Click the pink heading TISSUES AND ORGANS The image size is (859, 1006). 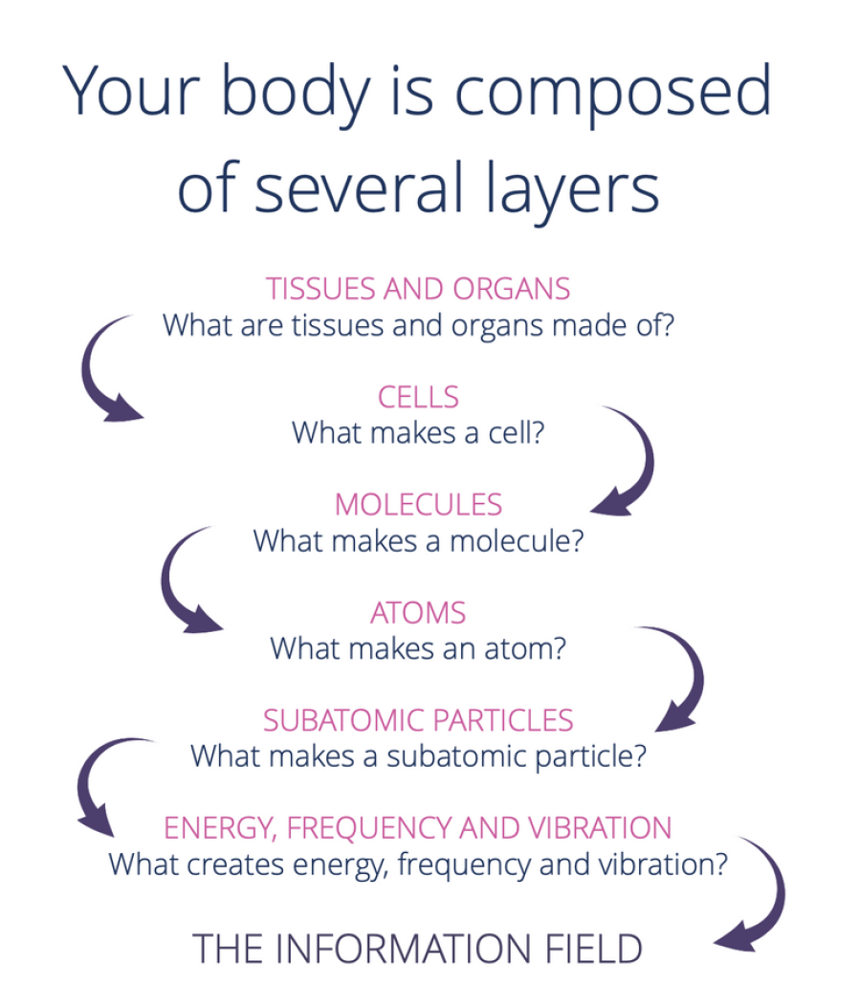(418, 289)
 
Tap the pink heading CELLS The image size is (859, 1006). (418, 397)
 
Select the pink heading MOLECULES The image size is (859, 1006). (418, 504)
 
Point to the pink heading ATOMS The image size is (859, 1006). (418, 613)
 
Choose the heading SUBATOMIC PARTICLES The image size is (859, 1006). (418, 720)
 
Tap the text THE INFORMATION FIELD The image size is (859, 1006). (417, 949)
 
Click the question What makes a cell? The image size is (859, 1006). (418, 432)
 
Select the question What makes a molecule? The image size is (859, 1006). (418, 541)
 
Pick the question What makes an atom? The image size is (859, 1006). (418, 648)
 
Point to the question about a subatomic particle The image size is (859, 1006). (418, 755)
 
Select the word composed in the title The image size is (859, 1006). (613, 93)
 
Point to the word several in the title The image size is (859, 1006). (360, 186)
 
